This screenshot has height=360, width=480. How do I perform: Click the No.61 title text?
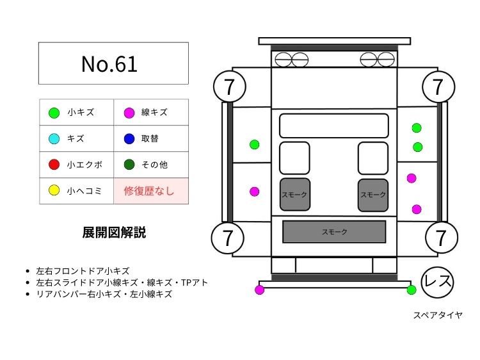[109, 63]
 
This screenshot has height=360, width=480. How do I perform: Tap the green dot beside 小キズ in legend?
[54, 113]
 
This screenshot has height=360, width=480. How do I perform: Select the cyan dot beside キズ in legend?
[54, 138]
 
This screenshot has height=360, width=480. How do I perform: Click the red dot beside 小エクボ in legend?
[54, 165]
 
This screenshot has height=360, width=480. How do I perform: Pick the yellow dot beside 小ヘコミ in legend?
[54, 190]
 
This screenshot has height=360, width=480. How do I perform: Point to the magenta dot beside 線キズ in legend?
[129, 113]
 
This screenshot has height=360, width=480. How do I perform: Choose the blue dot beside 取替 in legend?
[129, 138]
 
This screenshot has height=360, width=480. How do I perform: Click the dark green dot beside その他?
[129, 165]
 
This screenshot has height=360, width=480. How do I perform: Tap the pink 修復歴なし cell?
[151, 191]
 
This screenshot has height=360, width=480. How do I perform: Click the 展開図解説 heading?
[114, 233]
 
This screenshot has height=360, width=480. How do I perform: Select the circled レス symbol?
[438, 281]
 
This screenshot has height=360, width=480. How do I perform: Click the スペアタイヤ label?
[438, 315]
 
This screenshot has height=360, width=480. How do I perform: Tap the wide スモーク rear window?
[334, 232]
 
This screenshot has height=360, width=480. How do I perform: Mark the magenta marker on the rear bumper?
[259, 290]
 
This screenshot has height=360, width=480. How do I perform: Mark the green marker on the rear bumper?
[412, 290]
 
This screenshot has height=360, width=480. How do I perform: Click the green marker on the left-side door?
[254, 144]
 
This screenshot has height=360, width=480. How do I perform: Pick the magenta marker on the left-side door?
[254, 192]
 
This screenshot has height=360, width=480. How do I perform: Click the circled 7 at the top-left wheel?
[228, 86]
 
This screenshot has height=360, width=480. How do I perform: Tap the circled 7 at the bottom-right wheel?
[441, 237]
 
